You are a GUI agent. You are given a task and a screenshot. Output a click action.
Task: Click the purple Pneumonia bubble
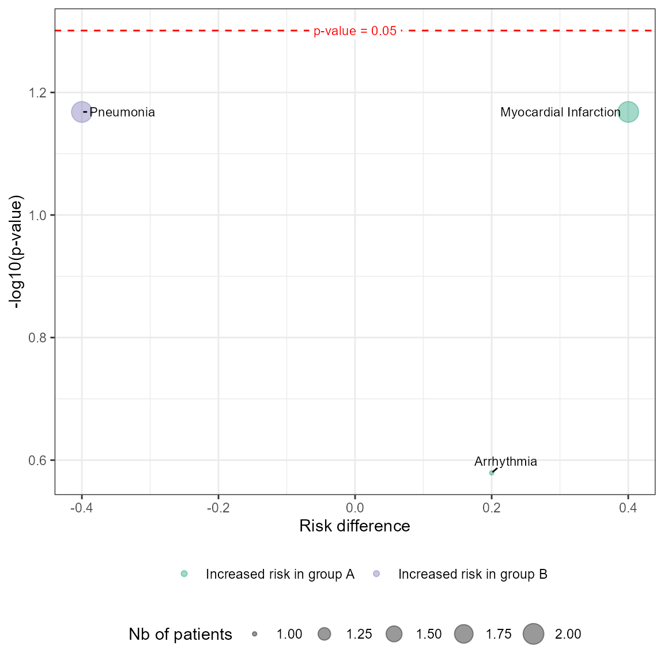(x=82, y=112)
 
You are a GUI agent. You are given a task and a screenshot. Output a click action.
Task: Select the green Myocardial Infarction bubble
(x=628, y=112)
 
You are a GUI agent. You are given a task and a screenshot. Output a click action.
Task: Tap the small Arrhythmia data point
(x=492, y=473)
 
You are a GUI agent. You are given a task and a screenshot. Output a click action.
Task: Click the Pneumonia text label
(x=122, y=112)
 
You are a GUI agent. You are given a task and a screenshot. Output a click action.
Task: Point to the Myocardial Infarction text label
(x=560, y=112)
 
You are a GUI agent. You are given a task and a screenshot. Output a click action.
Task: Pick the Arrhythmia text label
(x=505, y=462)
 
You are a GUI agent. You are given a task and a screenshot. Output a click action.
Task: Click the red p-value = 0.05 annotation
(x=355, y=31)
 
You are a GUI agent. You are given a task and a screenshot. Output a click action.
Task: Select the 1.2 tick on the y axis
(x=37, y=93)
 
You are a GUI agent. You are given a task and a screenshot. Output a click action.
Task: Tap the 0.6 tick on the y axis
(x=37, y=461)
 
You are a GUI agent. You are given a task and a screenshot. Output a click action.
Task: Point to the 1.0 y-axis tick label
(x=37, y=216)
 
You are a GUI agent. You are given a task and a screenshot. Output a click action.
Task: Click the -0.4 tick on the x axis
(x=82, y=508)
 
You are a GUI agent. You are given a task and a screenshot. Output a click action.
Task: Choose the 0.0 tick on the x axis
(x=355, y=508)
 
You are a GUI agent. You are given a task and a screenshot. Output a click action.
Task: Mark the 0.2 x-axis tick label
(x=492, y=508)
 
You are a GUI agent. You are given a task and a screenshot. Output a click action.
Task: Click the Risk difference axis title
(x=354, y=526)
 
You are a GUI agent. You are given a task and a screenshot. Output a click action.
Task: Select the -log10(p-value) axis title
(x=17, y=252)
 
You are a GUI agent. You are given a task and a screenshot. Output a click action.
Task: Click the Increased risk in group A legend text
(x=280, y=574)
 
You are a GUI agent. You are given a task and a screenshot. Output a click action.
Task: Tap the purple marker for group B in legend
(x=376, y=574)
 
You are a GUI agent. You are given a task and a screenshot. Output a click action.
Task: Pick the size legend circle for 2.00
(x=534, y=634)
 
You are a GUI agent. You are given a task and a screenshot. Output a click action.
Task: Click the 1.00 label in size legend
(x=289, y=635)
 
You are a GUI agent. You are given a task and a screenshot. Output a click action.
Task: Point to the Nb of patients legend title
(x=180, y=635)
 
